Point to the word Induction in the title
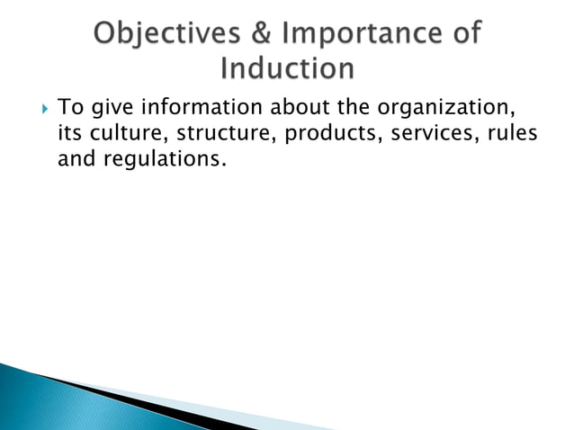(x=287, y=69)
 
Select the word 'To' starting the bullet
(x=68, y=110)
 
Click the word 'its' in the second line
(x=68, y=136)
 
